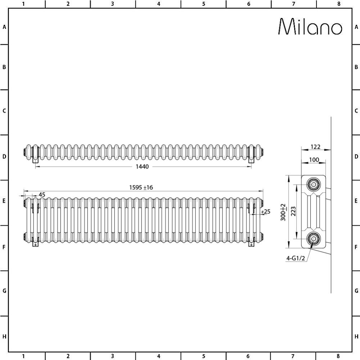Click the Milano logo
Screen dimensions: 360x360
(310, 27)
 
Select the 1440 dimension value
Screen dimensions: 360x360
(142, 166)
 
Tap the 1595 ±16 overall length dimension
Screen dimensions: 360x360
(141, 187)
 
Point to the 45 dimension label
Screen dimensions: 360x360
(42, 195)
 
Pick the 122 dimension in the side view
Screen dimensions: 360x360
(315, 147)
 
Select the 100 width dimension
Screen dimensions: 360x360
(314, 160)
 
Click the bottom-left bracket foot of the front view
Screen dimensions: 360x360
(35, 244)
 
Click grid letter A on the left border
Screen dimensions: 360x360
(4, 27)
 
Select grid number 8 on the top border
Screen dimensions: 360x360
(338, 4)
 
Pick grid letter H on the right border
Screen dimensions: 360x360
(356, 337)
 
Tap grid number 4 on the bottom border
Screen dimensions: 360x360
(158, 356)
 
